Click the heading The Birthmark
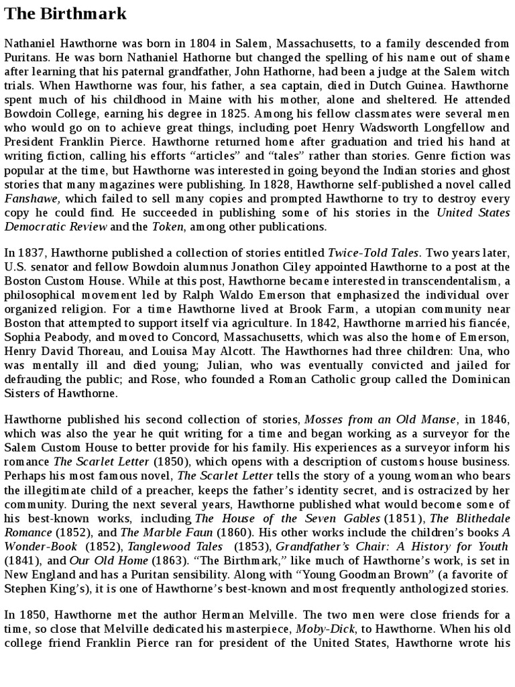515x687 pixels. [66, 13]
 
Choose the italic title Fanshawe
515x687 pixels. [33, 198]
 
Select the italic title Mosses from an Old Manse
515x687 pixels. [381, 419]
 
